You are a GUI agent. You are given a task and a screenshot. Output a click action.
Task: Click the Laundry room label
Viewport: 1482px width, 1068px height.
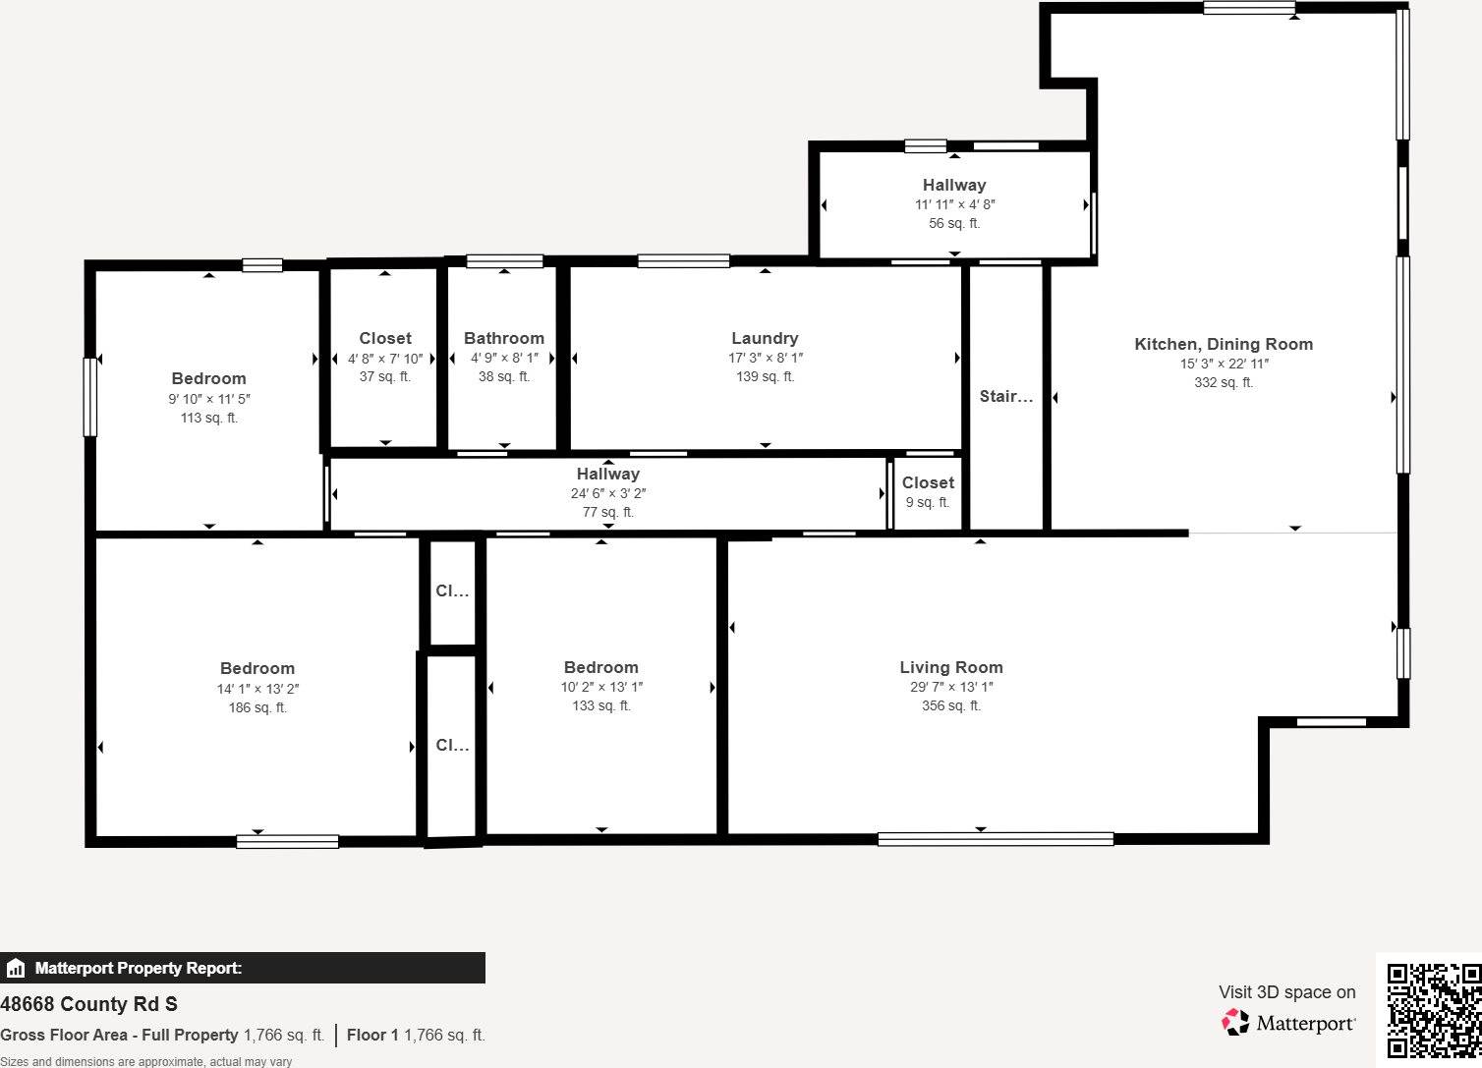(765, 338)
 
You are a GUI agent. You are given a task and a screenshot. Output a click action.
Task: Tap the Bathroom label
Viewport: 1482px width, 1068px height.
(504, 338)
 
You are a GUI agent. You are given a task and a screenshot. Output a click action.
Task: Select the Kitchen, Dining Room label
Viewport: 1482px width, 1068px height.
(1224, 344)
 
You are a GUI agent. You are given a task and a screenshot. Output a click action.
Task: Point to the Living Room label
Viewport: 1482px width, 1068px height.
(951, 667)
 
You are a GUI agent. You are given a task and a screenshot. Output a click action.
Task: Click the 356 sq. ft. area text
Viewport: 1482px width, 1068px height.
(951, 705)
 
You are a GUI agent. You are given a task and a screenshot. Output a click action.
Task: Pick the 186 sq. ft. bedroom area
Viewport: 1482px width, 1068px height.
(257, 707)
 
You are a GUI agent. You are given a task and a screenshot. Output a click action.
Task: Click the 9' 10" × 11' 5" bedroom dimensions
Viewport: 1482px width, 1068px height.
(209, 399)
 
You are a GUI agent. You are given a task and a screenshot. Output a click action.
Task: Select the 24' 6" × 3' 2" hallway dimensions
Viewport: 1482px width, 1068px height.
(608, 493)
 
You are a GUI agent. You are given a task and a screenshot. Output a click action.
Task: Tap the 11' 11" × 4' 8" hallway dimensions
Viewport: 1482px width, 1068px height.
(954, 204)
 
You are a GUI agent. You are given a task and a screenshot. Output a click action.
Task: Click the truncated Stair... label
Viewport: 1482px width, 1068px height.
(1006, 396)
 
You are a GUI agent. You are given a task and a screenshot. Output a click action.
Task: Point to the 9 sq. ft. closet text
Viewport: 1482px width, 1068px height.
(928, 502)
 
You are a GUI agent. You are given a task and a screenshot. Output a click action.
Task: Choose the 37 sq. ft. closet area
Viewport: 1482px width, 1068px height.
(385, 376)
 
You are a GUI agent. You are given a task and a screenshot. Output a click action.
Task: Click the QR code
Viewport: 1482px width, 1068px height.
(1434, 1010)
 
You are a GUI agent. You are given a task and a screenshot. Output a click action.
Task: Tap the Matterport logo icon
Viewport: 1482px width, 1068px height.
(1235, 1023)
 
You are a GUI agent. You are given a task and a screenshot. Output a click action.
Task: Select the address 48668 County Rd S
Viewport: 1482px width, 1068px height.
(89, 1004)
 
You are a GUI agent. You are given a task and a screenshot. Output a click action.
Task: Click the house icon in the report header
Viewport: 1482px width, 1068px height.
(16, 969)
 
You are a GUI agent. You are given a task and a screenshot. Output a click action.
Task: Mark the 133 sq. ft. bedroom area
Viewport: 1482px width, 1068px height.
(601, 705)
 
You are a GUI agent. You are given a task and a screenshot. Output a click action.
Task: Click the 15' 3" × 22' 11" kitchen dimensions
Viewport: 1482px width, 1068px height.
(1224, 364)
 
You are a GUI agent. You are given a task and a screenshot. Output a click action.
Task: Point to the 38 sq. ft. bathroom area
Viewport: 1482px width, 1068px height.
(504, 376)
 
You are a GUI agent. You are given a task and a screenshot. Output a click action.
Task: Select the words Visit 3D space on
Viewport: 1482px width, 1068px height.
(1286, 992)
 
